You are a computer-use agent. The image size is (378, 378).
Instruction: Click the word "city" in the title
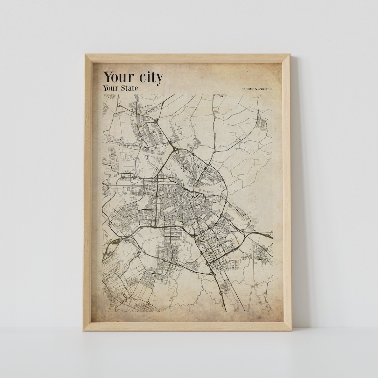[x=148, y=78]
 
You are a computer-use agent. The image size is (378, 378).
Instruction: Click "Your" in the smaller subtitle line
[x=110, y=88]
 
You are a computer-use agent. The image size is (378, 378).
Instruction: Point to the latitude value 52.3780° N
[x=250, y=89]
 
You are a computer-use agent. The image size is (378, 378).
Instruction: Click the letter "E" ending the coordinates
[x=270, y=89]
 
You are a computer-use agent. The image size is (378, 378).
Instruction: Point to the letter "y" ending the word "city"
[x=159, y=79]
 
